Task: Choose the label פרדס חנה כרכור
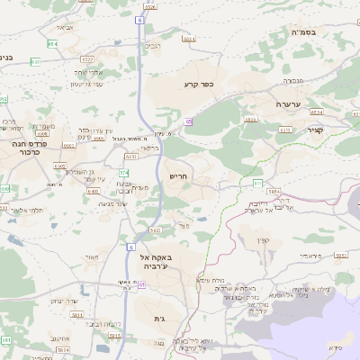coord(30,148)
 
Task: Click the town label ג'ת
coord(160,319)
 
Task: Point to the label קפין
coord(264,240)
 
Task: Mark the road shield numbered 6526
coord(149,6)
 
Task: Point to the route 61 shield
coord(141,284)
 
